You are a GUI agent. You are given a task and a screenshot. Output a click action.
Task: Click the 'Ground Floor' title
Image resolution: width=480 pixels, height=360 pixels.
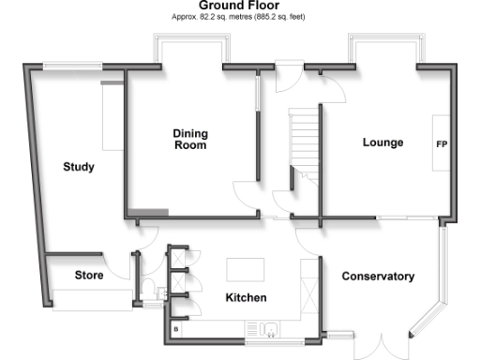[x=238, y=6]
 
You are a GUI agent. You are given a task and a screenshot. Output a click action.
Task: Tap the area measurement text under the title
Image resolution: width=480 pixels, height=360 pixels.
[x=238, y=17]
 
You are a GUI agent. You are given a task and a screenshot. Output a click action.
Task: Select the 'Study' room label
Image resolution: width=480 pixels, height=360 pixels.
[x=79, y=167]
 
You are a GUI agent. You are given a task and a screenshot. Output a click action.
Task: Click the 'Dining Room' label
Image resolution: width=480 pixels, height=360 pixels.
[x=189, y=140]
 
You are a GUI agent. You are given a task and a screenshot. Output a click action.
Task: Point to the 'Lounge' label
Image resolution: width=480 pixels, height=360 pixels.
[x=382, y=142]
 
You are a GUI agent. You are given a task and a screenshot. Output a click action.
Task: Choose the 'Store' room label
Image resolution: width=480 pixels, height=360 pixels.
[x=89, y=276]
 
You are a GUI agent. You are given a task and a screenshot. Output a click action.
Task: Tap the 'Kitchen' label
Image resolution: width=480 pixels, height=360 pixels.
[x=247, y=297]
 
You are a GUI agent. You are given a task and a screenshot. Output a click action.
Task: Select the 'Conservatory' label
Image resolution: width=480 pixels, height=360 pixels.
[x=378, y=277]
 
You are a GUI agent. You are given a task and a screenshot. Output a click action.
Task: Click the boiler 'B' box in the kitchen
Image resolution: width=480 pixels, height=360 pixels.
[x=176, y=329]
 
